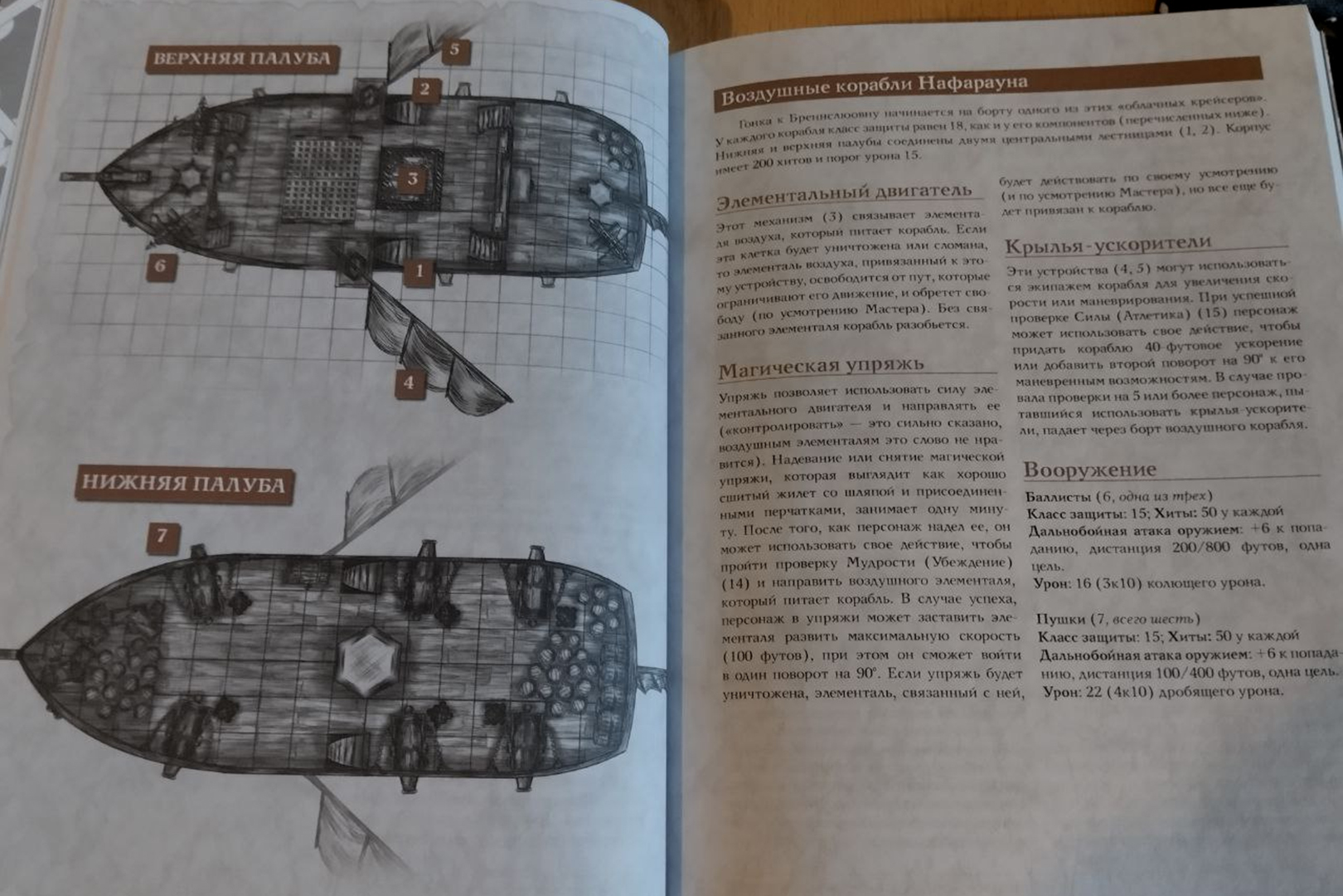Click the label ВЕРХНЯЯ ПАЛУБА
coord(242,59)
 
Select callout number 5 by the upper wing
coord(454,50)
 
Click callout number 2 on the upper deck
coord(424,89)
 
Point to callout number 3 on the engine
coord(412,178)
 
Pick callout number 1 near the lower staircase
coord(419,270)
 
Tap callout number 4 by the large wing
coord(409,382)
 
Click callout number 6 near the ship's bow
coord(161,266)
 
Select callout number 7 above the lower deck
coord(162,536)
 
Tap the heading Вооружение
coord(1089,469)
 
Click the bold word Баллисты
coord(1057,495)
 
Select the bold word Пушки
coord(1060,619)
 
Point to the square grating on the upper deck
coord(325,178)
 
